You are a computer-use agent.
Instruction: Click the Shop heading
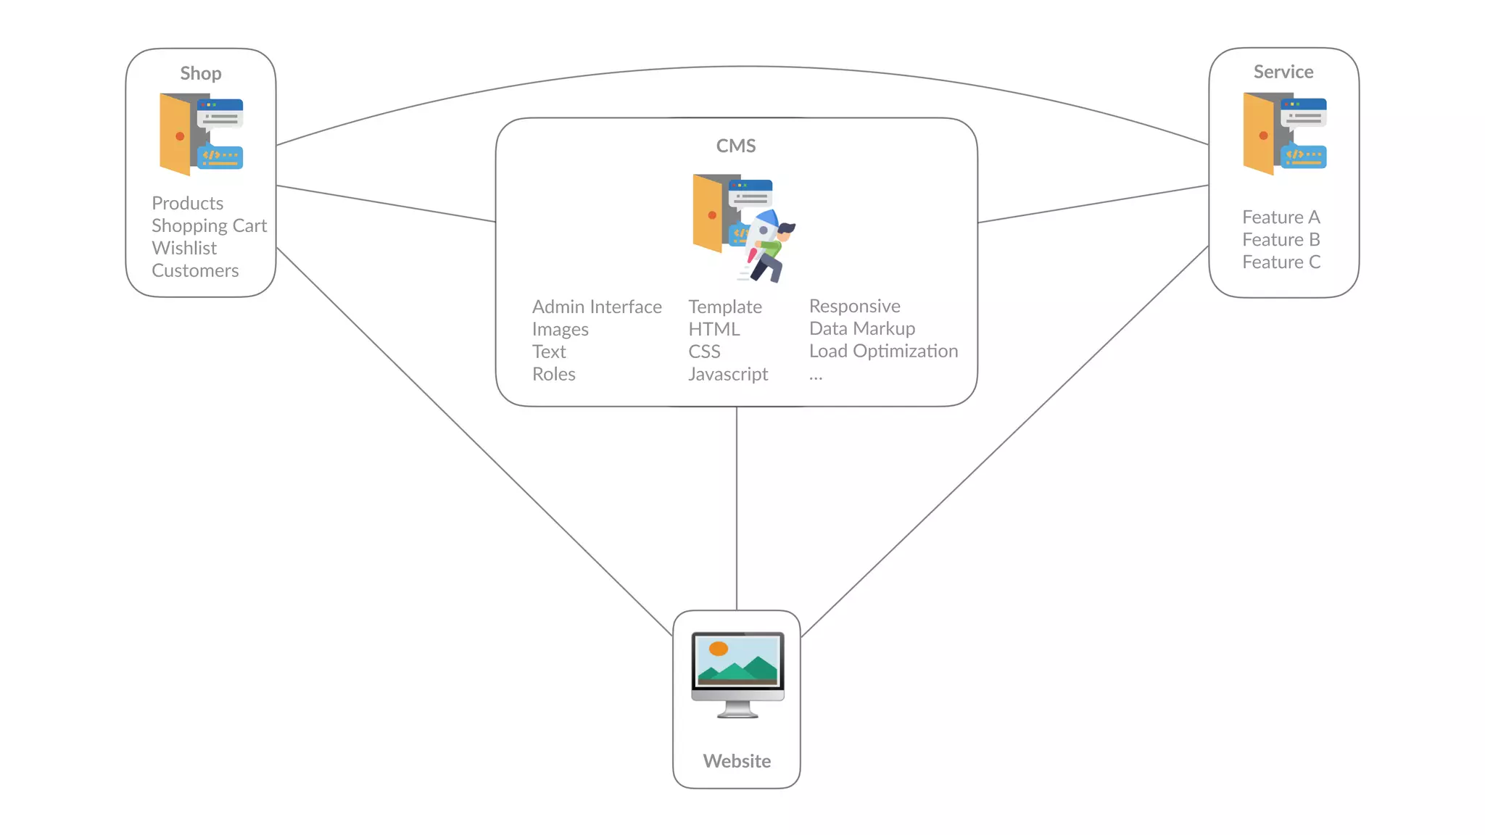click(x=201, y=73)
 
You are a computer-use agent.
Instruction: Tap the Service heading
click(x=1283, y=72)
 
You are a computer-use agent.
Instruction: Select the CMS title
click(x=736, y=146)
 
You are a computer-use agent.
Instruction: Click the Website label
click(x=737, y=761)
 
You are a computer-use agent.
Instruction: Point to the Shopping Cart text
click(x=209, y=225)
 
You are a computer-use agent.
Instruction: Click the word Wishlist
click(x=184, y=248)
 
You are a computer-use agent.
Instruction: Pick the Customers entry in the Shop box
click(x=195, y=270)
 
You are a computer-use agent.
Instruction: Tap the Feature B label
click(x=1281, y=239)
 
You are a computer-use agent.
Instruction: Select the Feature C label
click(x=1281, y=262)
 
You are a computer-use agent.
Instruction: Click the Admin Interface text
click(x=597, y=307)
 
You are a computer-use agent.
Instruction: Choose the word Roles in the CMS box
click(x=554, y=374)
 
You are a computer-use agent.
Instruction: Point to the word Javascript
click(x=728, y=374)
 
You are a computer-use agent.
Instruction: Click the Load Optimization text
click(x=883, y=351)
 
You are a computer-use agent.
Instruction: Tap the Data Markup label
click(x=862, y=328)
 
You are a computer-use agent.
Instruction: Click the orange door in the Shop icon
click(x=175, y=135)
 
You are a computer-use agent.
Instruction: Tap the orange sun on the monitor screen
click(x=719, y=649)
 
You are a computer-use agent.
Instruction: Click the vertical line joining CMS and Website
click(x=737, y=507)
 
